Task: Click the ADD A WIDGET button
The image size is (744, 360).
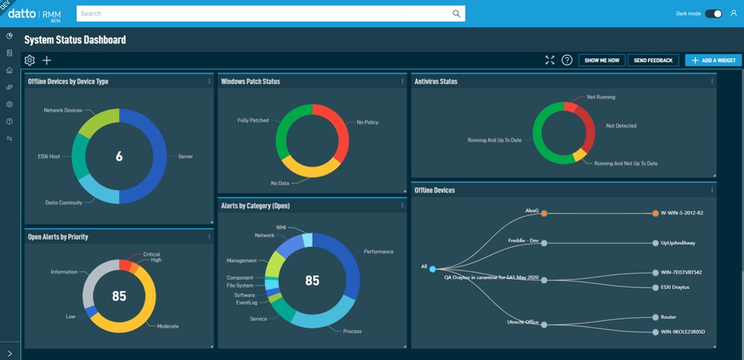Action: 713,60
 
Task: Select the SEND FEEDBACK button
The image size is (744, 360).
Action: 653,60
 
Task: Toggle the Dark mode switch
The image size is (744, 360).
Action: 714,14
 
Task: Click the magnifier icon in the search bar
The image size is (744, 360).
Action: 456,14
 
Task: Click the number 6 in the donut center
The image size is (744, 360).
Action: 119,157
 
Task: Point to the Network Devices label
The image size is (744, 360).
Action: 63,110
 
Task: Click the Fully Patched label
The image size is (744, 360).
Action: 253,120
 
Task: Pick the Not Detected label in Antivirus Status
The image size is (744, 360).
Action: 620,126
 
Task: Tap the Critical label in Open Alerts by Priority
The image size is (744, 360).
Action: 151,255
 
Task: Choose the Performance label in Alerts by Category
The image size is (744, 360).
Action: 378,251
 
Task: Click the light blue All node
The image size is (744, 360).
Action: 433,269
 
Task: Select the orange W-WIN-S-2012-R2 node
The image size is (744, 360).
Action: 656,213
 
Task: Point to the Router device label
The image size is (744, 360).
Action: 668,317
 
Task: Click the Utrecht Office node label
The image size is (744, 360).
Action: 523,322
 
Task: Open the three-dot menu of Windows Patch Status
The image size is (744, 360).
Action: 402,81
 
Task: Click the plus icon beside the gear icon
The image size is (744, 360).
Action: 47,60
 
